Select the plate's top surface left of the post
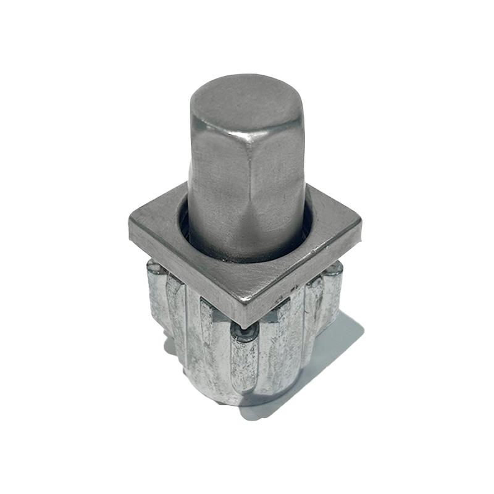coord(157,225)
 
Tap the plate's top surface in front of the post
coord(247,284)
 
